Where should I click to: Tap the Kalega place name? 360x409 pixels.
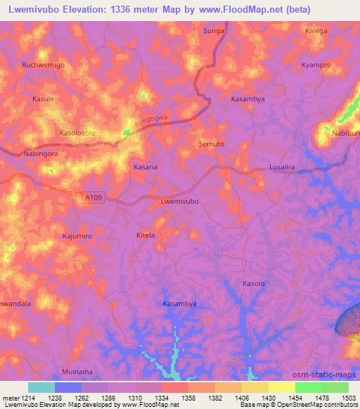pyautogui.click(x=316, y=31)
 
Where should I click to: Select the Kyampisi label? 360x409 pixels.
pyautogui.click(x=316, y=64)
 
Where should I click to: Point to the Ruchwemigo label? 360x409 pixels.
pyautogui.click(x=43, y=65)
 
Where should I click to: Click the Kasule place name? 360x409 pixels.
pyautogui.click(x=44, y=99)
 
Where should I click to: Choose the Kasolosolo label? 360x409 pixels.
pyautogui.click(x=77, y=132)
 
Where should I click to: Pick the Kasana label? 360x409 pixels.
pyautogui.click(x=146, y=167)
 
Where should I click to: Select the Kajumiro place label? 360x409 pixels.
pyautogui.click(x=78, y=236)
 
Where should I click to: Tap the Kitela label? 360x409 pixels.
pyautogui.click(x=146, y=235)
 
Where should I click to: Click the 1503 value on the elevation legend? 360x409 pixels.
pyautogui.click(x=349, y=398)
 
